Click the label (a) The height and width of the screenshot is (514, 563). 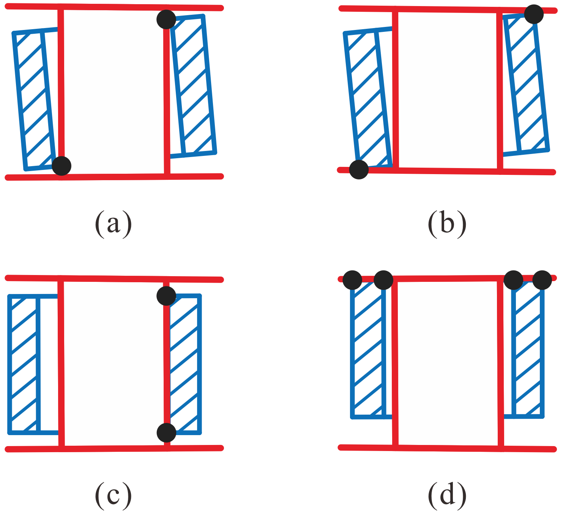click(113, 223)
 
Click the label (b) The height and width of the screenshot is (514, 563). click(447, 223)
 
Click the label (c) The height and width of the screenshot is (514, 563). click(113, 495)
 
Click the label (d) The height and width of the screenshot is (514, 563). click(447, 495)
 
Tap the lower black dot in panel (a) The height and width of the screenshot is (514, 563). click(62, 165)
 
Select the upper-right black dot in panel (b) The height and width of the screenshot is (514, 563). click(534, 14)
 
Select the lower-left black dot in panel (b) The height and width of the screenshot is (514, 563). click(359, 169)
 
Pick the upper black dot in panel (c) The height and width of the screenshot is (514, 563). click(166, 296)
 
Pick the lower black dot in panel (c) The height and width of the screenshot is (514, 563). click(166, 432)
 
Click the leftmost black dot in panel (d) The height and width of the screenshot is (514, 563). click(352, 280)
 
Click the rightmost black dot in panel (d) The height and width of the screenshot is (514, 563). click(542, 280)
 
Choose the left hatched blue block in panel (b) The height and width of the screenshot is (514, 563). click(366, 99)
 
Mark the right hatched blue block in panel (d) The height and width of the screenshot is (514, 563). click(528, 349)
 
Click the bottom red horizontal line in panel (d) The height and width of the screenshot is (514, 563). click(447, 448)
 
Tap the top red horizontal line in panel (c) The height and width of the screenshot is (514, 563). click(114, 279)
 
